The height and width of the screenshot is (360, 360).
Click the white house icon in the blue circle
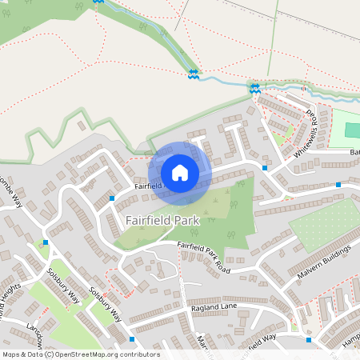[x=180, y=173]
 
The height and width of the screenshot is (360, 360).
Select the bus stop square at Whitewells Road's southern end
[x=265, y=168]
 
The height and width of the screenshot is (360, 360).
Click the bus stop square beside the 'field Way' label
[x=309, y=339]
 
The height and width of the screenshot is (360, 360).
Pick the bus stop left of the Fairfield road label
[x=111, y=196]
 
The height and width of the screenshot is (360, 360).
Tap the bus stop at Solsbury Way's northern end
[x=46, y=242]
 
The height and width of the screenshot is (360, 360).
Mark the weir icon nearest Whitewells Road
[x=255, y=88]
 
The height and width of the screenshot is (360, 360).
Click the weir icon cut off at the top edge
[x=98, y=2]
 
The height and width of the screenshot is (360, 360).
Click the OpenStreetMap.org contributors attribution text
[x=104, y=354]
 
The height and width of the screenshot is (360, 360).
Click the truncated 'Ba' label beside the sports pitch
[x=354, y=151]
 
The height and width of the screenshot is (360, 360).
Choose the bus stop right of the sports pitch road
[x=338, y=185]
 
